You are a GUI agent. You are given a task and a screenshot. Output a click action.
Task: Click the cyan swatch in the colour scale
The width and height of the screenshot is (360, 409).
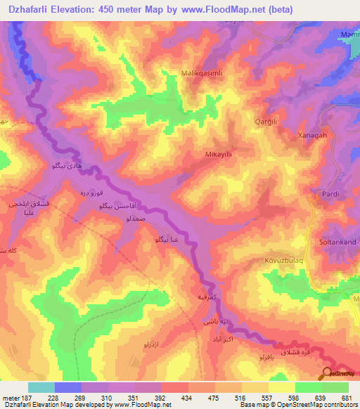click(41, 387)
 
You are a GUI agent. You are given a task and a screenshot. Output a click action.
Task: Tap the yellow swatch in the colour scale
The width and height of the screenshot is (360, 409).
click(282, 387)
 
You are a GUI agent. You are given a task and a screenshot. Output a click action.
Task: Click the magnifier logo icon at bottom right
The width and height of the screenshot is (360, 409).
click(327, 374)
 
